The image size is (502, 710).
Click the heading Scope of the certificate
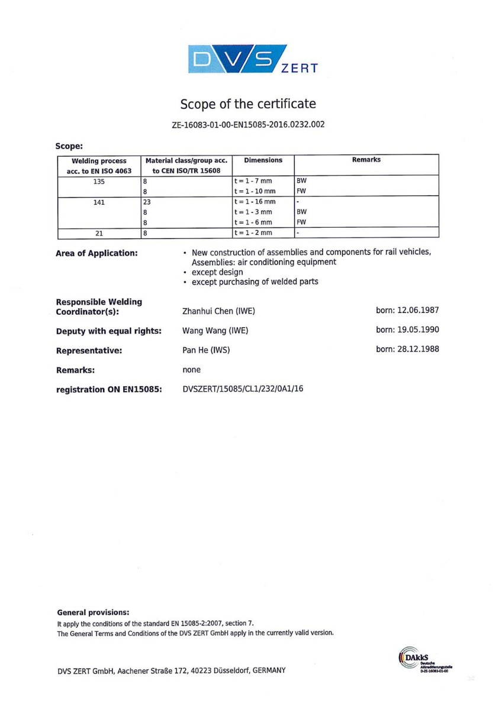(x=248, y=105)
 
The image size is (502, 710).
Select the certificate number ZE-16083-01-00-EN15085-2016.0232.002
(x=248, y=124)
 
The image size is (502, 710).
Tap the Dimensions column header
(x=263, y=160)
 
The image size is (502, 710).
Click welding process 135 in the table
(x=98, y=182)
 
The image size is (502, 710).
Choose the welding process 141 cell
(x=98, y=202)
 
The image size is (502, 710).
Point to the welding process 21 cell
(x=98, y=233)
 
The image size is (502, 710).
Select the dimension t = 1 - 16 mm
(x=254, y=202)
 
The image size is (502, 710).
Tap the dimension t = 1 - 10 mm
(x=254, y=192)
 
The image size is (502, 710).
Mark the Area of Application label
(x=96, y=253)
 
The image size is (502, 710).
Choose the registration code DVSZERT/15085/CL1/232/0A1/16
(x=243, y=389)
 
